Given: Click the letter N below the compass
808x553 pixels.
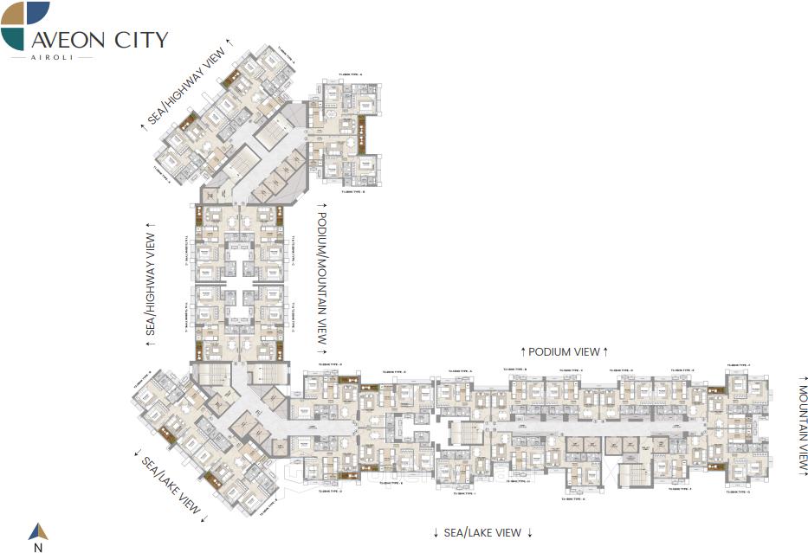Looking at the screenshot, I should click(x=38, y=547).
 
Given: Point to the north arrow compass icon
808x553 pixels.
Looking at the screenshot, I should click(x=38, y=530).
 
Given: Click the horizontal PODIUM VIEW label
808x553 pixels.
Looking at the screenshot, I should click(x=564, y=351).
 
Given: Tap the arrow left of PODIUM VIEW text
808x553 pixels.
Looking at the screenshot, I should click(x=523, y=351).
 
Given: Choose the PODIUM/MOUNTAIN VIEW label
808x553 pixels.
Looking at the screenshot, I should click(x=320, y=279).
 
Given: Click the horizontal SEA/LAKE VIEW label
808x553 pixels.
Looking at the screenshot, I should click(x=482, y=532).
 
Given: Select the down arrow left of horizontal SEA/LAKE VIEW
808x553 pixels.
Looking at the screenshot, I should click(x=436, y=532).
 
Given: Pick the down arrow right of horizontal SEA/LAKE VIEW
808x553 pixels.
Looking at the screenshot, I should click(x=529, y=532).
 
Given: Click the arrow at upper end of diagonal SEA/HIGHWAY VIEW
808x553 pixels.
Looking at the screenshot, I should click(x=229, y=42).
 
